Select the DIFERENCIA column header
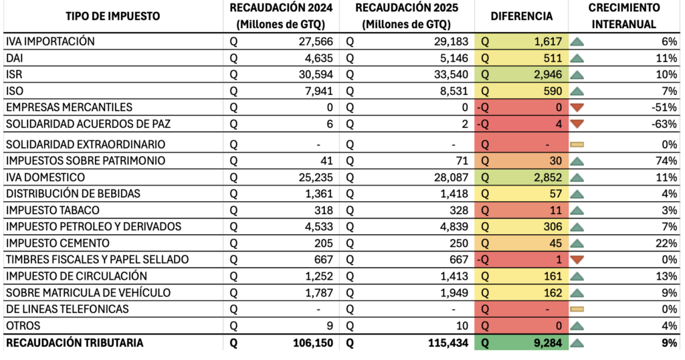point(521,16)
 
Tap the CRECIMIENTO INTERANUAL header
point(624,16)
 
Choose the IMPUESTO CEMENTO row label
point(58,243)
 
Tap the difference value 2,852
point(547,177)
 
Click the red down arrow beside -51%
point(577,107)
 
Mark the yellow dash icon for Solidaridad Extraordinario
point(577,144)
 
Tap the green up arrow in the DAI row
point(577,58)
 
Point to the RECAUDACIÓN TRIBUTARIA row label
point(74,343)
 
